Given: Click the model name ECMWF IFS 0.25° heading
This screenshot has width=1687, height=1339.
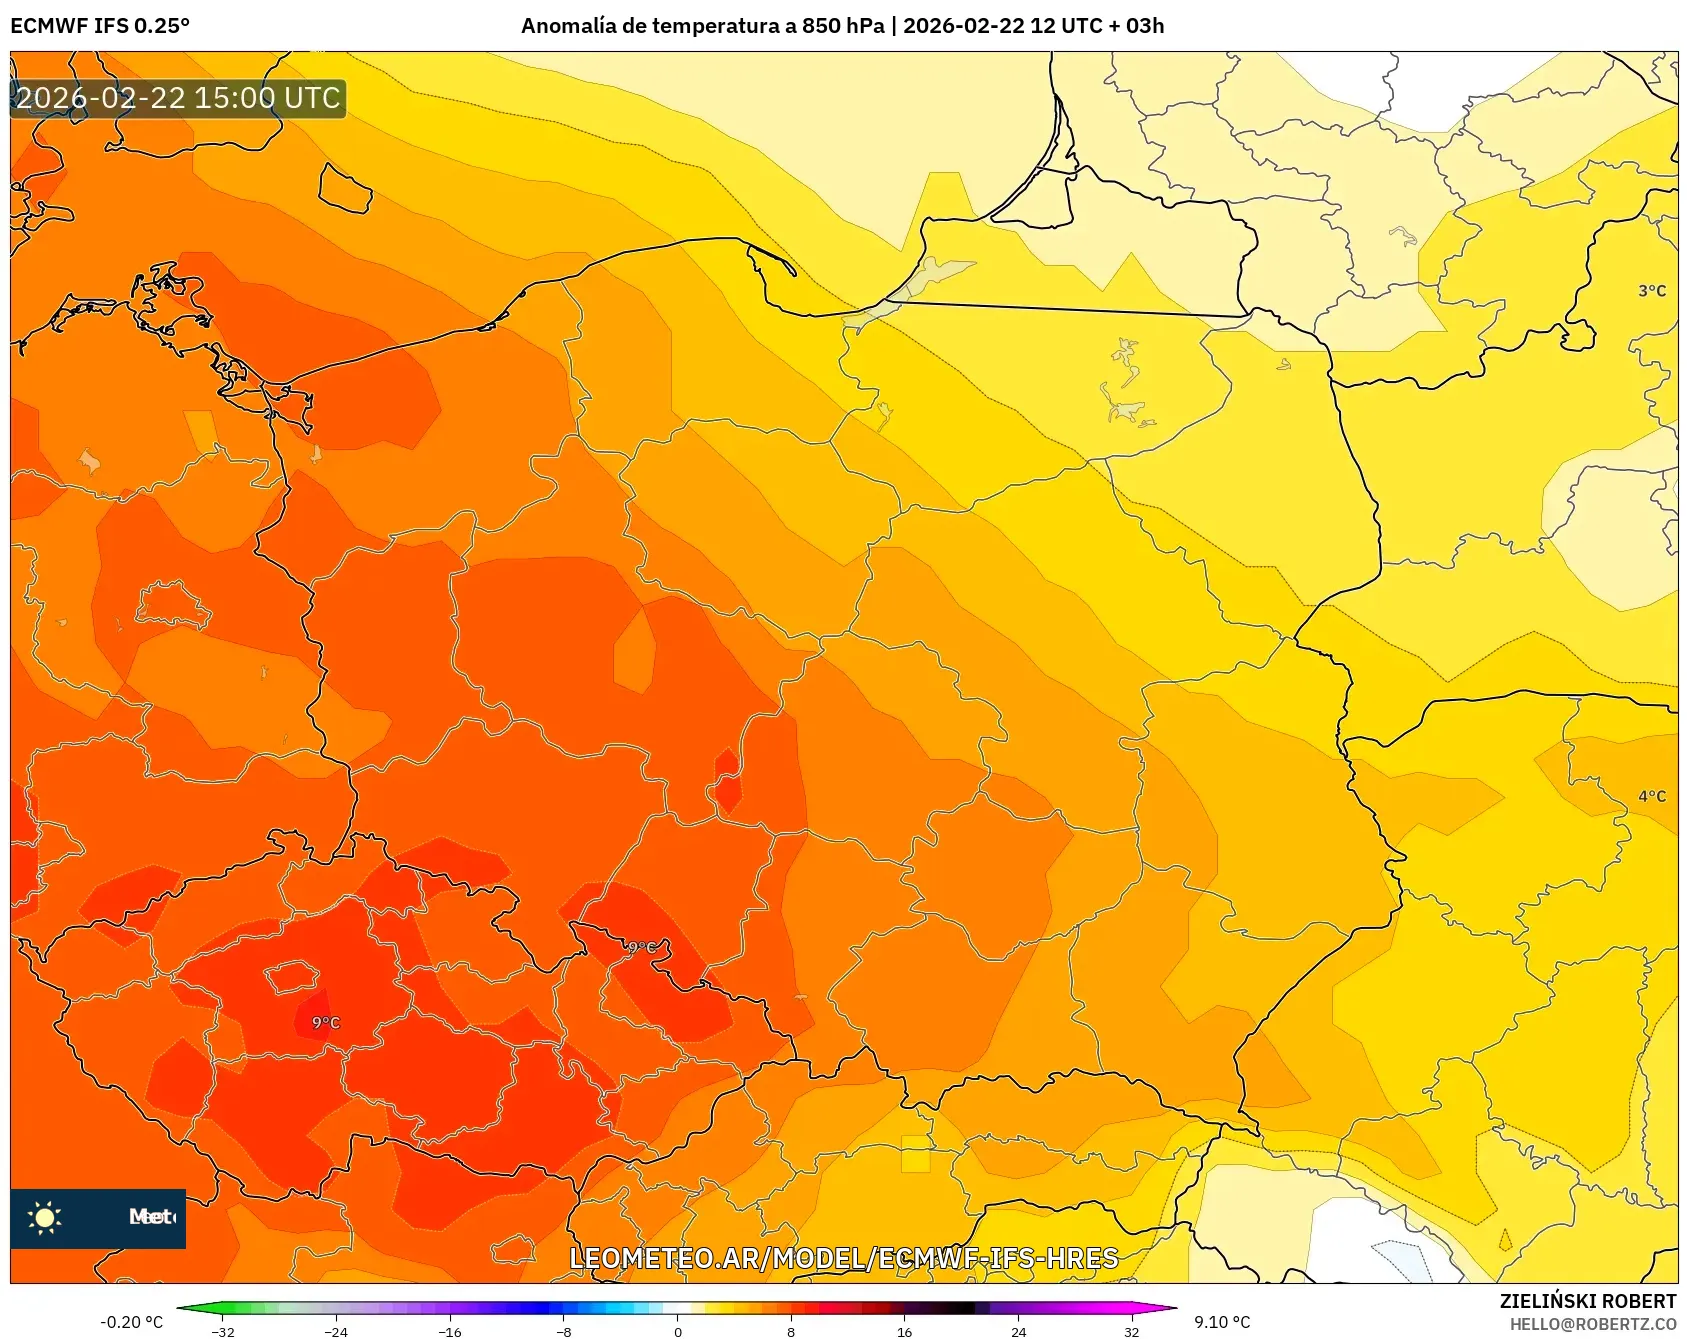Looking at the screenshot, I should click(100, 26).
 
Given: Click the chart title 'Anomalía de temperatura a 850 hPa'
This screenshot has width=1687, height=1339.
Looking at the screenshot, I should click(702, 26).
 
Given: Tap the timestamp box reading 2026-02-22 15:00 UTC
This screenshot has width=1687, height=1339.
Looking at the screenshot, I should click(178, 98).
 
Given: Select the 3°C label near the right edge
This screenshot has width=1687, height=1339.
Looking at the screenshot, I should click(1651, 291).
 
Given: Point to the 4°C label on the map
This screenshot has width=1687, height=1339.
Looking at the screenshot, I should click(1651, 796).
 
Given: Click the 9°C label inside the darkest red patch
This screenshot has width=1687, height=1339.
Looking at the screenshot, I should click(325, 1022).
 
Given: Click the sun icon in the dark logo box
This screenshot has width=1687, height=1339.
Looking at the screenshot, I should click(45, 1217).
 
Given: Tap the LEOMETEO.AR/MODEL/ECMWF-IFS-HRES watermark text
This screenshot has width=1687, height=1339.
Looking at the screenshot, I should click(843, 1258).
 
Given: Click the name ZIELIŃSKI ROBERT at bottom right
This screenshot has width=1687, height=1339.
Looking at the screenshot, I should click(1587, 1301).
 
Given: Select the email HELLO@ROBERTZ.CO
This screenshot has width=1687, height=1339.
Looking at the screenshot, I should click(1592, 1324).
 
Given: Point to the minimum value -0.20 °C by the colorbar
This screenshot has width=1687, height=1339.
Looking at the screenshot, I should click(131, 1322).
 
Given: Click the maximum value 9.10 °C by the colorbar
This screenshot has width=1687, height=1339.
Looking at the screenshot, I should click(1222, 1322).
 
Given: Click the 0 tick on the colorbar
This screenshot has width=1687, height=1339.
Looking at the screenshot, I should click(677, 1331).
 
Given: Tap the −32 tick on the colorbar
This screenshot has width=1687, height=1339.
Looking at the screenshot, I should click(223, 1331).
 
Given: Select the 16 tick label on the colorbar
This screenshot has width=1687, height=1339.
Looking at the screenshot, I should click(904, 1331).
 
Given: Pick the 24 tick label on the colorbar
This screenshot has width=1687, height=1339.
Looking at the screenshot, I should click(1018, 1331).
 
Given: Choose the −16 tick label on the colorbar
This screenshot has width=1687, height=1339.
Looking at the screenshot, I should click(450, 1331).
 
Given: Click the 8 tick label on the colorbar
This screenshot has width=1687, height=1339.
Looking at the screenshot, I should click(791, 1331).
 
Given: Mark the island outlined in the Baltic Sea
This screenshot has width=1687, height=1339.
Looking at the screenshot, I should click(345, 189).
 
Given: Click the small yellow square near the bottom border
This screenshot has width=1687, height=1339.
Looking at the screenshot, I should click(915, 1153).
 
